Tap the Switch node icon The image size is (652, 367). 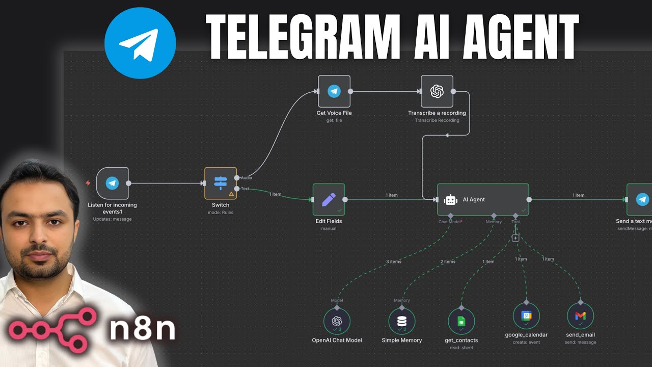221,183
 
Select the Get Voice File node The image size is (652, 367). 334,92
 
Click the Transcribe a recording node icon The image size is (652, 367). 437,92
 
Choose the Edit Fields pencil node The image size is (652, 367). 329,199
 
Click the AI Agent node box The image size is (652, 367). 483,199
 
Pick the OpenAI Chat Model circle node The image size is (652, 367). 337,321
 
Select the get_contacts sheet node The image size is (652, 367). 461,321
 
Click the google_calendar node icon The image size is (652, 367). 526,316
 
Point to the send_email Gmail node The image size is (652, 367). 580,316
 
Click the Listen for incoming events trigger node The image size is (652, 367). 112,183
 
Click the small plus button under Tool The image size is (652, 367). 515,238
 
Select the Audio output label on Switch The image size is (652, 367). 247,178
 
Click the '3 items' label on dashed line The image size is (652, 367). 393,261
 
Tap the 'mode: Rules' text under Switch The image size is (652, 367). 221,213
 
